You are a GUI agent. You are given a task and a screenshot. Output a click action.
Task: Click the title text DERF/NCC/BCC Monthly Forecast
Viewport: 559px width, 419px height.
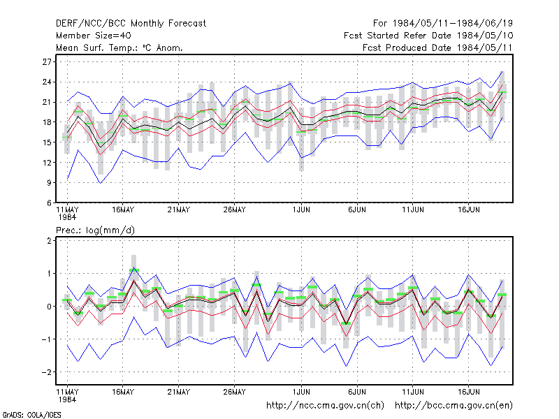131,24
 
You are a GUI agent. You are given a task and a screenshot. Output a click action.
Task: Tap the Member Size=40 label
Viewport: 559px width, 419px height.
94,36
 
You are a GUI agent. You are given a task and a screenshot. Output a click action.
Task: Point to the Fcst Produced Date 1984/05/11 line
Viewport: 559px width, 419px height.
437,47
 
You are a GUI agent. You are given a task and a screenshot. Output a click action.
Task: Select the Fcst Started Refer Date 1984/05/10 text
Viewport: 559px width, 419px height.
428,36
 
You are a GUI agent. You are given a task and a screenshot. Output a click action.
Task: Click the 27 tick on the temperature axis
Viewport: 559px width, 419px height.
47,62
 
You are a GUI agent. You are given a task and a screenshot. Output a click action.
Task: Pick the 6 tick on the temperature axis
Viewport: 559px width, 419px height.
49,203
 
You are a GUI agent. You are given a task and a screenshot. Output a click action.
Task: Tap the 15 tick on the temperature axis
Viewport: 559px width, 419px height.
47,142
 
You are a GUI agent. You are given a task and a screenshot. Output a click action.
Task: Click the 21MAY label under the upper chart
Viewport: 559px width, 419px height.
179,210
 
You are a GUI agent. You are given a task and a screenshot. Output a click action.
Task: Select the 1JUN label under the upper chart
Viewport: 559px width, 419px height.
301,210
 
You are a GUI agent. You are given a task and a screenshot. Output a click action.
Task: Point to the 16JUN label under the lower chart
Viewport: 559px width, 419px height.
468,392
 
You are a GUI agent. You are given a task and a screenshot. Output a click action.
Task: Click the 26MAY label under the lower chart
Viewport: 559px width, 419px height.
234,392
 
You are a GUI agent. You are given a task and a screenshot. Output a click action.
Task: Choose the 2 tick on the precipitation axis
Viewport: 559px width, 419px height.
49,241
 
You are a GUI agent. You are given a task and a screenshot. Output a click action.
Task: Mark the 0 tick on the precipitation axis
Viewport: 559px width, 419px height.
49,307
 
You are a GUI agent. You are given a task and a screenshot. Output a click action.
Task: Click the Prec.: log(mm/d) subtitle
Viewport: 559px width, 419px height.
95,230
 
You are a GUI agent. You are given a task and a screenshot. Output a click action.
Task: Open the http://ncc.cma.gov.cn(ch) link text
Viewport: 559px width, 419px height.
325,406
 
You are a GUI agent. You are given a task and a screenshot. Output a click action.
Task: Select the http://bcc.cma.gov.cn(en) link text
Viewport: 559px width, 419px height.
453,406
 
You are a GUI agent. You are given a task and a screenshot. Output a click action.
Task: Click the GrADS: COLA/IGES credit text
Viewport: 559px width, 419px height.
31,415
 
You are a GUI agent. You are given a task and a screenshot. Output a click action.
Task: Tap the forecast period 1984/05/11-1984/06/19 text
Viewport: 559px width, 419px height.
453,24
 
